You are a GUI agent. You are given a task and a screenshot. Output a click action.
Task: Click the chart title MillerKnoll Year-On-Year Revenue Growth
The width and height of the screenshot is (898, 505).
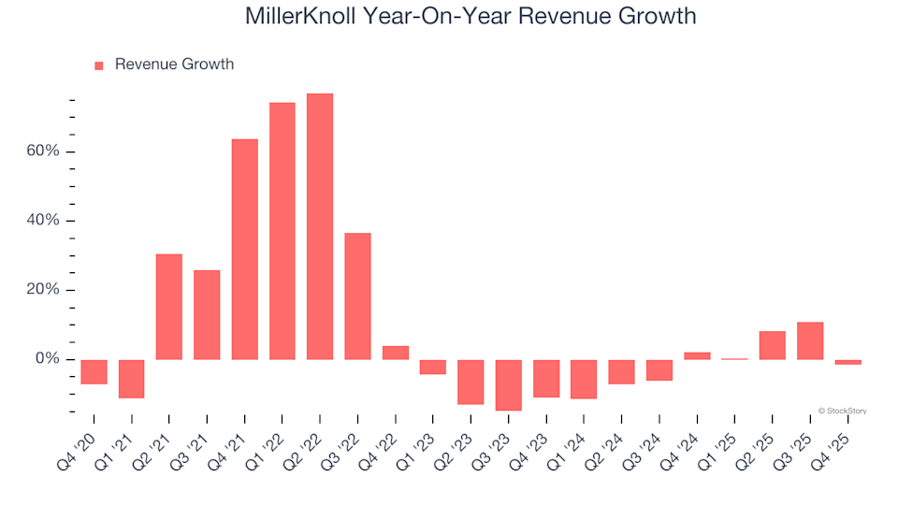tap(471, 16)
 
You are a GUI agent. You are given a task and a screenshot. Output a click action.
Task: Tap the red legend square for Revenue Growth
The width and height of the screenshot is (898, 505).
tap(99, 65)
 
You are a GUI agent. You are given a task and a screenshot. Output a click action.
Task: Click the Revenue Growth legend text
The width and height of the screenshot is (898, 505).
tap(174, 65)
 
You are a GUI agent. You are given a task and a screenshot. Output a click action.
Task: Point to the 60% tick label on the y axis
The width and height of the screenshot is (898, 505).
tap(43, 151)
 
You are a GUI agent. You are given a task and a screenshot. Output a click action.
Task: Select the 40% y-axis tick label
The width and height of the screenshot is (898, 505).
tap(43, 221)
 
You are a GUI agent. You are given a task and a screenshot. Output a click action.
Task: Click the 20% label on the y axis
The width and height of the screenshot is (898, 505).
tap(43, 290)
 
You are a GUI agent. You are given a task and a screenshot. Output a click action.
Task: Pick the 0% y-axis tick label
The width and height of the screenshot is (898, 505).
tap(48, 359)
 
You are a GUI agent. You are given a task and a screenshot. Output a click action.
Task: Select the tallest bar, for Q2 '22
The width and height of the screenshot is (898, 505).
tap(320, 226)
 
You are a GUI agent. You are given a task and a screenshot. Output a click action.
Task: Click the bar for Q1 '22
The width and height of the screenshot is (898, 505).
tap(282, 231)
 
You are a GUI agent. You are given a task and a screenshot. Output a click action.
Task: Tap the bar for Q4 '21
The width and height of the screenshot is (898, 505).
tap(245, 249)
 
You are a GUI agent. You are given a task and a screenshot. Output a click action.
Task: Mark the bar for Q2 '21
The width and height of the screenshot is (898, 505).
tap(169, 307)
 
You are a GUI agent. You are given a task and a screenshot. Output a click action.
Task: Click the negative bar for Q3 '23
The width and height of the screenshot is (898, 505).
tap(508, 384)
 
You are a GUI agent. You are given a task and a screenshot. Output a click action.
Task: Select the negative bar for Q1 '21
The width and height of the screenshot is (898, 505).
tap(132, 379)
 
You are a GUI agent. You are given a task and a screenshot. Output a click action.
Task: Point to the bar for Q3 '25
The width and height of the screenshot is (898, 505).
tap(810, 340)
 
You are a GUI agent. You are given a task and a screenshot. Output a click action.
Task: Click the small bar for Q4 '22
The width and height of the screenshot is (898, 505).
tap(396, 353)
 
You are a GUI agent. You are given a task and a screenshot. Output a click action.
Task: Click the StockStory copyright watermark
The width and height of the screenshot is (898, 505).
tap(842, 411)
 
